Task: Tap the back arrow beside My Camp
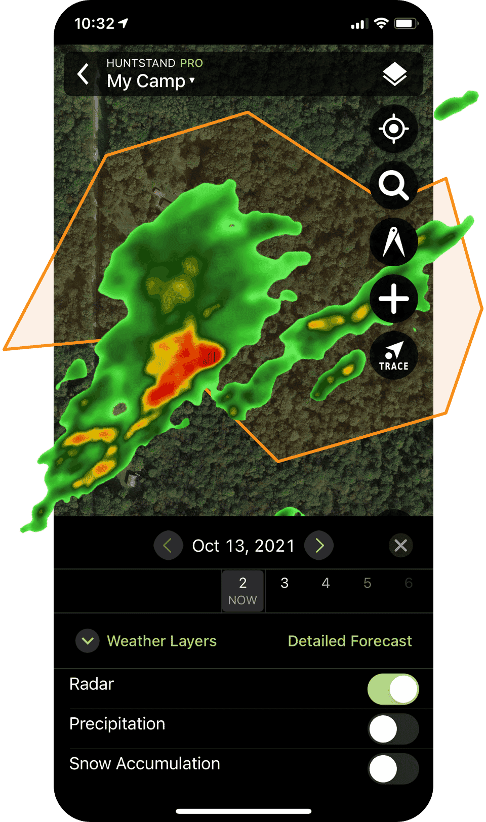point(84,74)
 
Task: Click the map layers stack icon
point(394,75)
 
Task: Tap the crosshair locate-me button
point(394,129)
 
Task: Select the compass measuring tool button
point(394,242)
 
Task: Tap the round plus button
point(394,299)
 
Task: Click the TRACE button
point(394,355)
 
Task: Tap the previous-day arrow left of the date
point(168,545)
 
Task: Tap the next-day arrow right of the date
point(319,545)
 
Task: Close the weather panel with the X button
point(400,545)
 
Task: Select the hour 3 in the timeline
point(285,583)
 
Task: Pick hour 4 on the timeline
point(326,583)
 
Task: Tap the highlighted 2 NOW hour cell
point(242,591)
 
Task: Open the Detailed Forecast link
point(350,641)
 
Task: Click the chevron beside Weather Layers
point(88,641)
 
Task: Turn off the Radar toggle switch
point(393,689)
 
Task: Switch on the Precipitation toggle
point(393,729)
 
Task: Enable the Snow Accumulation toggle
point(393,769)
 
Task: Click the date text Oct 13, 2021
point(243,546)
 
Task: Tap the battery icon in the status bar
point(406,23)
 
